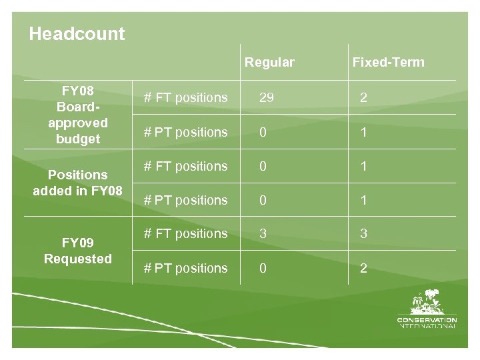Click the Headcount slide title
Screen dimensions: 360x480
(77, 34)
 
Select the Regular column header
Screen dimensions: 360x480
(269, 63)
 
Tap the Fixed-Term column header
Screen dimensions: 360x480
(388, 63)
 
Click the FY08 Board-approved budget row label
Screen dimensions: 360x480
(78, 115)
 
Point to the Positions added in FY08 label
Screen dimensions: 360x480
(78, 183)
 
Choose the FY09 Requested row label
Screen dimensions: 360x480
(78, 251)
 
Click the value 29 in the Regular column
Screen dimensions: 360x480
(267, 98)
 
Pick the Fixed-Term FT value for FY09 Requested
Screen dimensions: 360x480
(363, 234)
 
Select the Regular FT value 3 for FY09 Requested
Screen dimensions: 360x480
(263, 234)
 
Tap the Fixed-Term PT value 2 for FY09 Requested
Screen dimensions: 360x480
(363, 269)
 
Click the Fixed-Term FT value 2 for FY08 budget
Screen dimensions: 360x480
(363, 98)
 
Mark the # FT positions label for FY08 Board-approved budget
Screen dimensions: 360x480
(186, 98)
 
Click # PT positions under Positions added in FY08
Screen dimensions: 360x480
(186, 200)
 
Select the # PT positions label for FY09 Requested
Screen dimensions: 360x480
(186, 269)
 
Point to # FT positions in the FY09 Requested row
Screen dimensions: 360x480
(186, 234)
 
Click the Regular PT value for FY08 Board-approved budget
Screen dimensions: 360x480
(263, 133)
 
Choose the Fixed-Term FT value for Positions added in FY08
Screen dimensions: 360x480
(363, 167)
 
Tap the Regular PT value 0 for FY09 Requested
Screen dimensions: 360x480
(263, 269)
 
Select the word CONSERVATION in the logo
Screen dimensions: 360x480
(427, 320)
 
